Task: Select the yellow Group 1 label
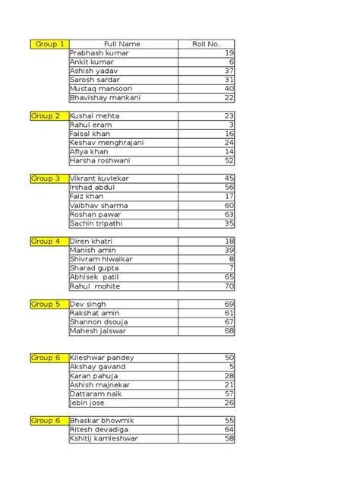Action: click(x=49, y=44)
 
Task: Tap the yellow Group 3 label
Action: click(x=45, y=178)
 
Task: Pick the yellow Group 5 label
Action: click(x=45, y=304)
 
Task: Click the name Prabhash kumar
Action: click(x=99, y=53)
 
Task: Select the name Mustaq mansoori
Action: click(x=103, y=89)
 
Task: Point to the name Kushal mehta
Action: click(x=94, y=115)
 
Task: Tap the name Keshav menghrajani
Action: click(x=106, y=142)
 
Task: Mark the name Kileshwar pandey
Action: click(x=102, y=358)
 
